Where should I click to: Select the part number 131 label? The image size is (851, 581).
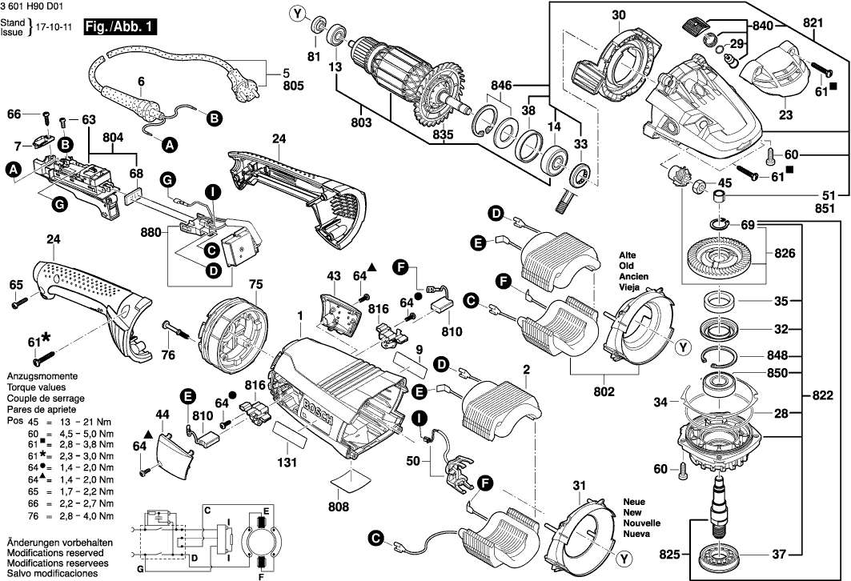tap(287, 462)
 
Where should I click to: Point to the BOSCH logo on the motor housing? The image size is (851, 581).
tap(317, 416)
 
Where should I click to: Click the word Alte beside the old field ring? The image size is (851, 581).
tap(627, 255)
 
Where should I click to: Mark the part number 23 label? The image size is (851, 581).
tap(785, 114)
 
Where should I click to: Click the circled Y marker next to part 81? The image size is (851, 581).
tap(298, 13)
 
